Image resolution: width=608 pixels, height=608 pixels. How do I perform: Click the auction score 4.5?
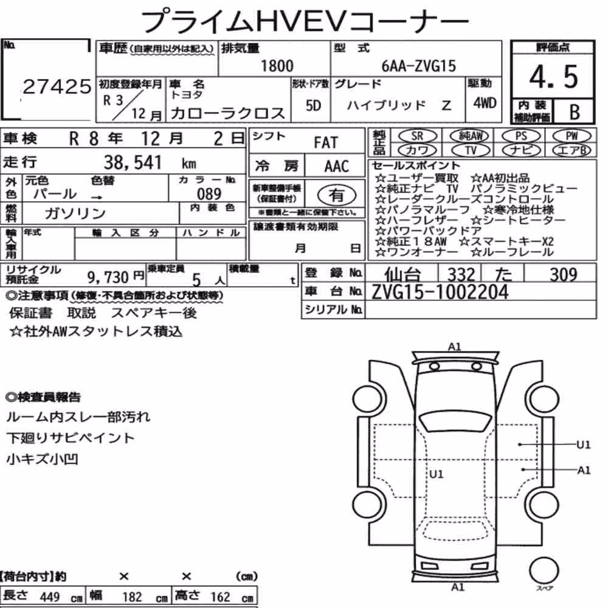[x=553, y=77]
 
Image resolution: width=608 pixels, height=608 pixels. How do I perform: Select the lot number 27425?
[x=57, y=87]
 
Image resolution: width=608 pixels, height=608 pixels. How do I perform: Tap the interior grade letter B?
[x=575, y=112]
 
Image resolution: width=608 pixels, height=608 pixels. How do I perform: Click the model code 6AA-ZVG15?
[x=418, y=66]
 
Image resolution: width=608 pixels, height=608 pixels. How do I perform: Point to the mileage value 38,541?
[x=133, y=162]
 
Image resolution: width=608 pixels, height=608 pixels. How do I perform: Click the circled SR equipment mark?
[x=418, y=136]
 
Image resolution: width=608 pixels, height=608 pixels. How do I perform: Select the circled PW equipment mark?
[x=572, y=136]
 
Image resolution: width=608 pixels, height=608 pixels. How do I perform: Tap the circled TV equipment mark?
[x=471, y=150]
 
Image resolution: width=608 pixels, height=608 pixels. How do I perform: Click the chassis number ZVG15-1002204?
[x=440, y=292]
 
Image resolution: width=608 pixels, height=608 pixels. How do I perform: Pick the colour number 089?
[x=209, y=194]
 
